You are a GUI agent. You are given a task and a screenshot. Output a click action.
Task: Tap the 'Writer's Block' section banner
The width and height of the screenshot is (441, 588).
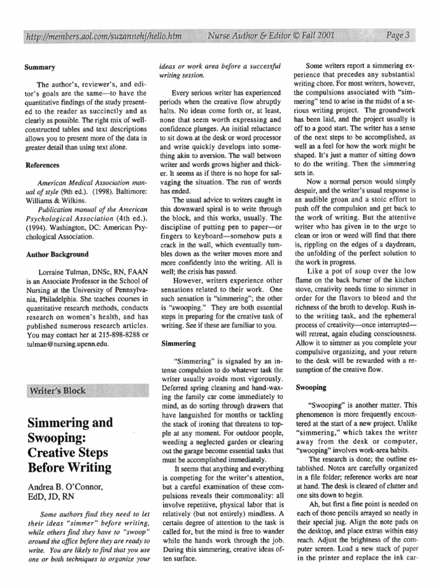point(58,391)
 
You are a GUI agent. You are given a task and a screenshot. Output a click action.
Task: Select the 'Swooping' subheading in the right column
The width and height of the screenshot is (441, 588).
point(311,388)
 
